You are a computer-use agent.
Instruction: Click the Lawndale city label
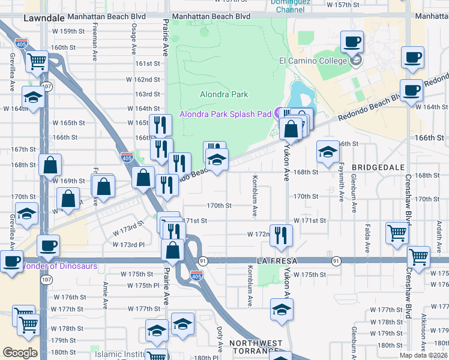(43, 19)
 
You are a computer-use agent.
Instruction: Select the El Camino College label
(313, 61)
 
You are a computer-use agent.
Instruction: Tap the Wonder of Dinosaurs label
(59, 266)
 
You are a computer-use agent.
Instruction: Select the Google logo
(20, 353)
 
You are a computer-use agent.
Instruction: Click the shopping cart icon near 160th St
(37, 60)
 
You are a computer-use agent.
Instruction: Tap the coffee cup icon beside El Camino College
(352, 42)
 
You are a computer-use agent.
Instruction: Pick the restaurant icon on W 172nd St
(280, 235)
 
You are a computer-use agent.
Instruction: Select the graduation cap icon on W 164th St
(33, 97)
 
